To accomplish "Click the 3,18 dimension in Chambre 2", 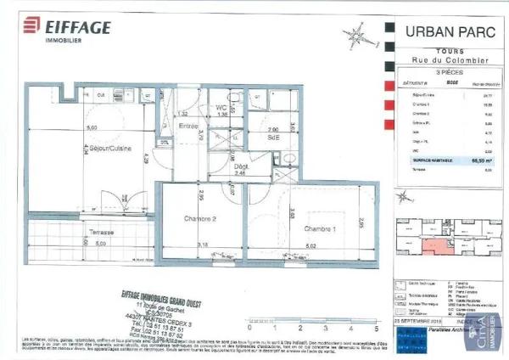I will click(x=201, y=245).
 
